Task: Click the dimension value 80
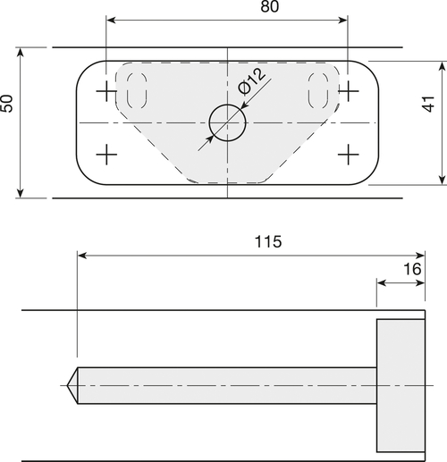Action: click(x=270, y=6)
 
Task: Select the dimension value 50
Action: click(x=6, y=104)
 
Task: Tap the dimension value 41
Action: click(x=429, y=104)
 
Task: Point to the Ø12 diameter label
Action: click(x=251, y=81)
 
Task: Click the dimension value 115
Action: click(x=268, y=241)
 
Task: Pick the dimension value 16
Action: click(x=412, y=269)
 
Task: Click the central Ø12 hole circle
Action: click(x=228, y=122)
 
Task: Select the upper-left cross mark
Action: click(x=106, y=91)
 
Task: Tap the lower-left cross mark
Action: click(x=106, y=155)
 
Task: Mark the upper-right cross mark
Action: click(x=348, y=91)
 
